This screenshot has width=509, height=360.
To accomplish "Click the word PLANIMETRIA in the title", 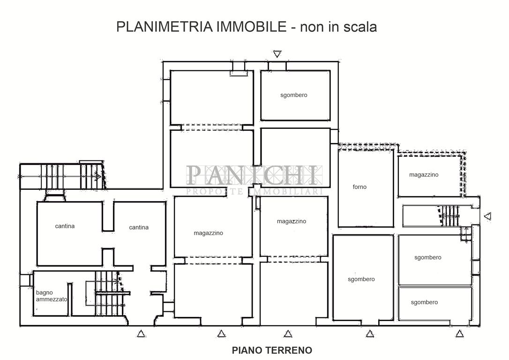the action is [164, 26].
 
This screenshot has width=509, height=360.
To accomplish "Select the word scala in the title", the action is [359, 27].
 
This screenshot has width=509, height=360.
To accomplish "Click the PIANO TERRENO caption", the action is [272, 351].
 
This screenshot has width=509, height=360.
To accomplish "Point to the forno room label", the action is [359, 187].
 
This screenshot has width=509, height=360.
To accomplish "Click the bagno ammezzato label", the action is [51, 296].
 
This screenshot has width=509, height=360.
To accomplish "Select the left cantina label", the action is [65, 226].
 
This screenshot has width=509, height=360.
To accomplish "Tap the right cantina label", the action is [139, 227].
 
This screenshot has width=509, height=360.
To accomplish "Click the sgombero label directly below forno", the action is [361, 279].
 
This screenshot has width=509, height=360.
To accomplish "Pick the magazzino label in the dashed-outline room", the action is [424, 175].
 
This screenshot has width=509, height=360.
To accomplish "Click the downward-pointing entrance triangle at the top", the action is [277, 54].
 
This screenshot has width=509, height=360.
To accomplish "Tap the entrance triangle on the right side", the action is [487, 216].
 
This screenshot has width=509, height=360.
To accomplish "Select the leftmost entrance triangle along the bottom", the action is [141, 333].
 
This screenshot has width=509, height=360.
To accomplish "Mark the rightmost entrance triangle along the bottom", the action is [459, 333].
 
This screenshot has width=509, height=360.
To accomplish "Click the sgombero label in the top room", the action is [294, 95].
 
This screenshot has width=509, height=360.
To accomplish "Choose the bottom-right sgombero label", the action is [424, 302].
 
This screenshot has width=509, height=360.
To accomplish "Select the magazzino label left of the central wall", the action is [209, 233].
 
